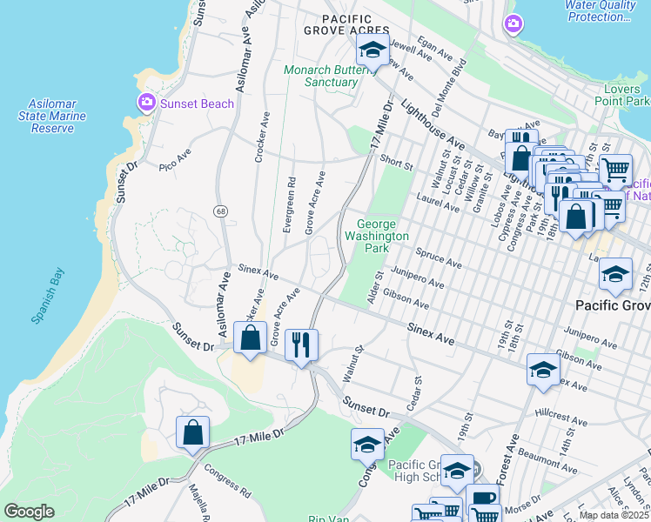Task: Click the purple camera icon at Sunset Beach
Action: (x=147, y=104)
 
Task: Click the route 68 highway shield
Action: (x=221, y=211)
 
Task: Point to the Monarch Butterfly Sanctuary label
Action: (x=322, y=76)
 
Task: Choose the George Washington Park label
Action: (x=377, y=236)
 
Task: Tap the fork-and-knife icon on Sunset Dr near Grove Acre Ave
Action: (x=301, y=345)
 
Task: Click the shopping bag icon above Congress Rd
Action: (x=192, y=432)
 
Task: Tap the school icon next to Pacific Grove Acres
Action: (x=372, y=50)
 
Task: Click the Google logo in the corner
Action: (x=29, y=512)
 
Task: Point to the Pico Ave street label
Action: (x=175, y=158)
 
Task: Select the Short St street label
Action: (x=395, y=163)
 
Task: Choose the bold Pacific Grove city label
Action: (x=614, y=305)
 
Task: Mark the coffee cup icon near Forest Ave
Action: (x=482, y=501)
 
